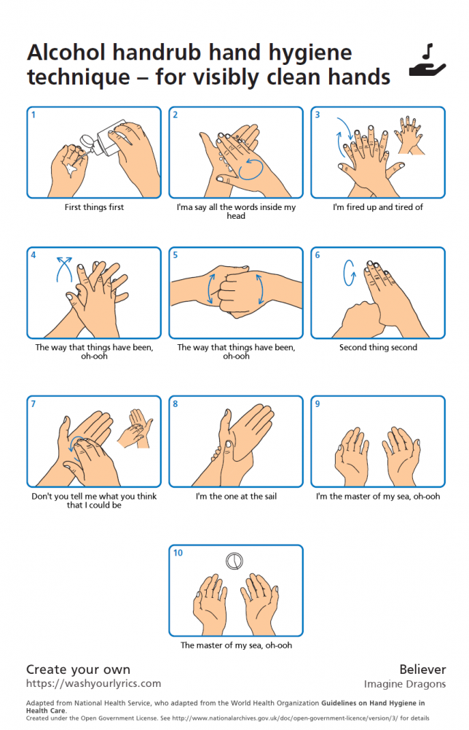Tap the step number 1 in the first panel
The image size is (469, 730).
pos(33,115)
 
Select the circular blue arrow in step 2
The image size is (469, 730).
pos(251,169)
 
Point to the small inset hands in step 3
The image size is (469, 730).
pos(410,135)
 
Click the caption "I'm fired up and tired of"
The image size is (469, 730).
pos(377,207)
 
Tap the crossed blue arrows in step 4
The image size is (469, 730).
pos(64,270)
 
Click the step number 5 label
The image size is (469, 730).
pos(176,255)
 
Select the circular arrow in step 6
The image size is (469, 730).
pos(349,272)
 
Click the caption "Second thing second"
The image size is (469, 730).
pos(378,347)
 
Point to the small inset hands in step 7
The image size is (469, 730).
pos(135,428)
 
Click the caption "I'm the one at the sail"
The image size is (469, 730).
pos(236,497)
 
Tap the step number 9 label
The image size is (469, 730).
pos(318,404)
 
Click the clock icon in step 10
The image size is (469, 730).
pos(234,561)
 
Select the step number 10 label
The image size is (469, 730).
pos(178,553)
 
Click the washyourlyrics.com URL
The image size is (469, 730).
pos(93,683)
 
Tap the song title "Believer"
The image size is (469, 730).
pos(422,669)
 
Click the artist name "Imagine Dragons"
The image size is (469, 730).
pos(405,684)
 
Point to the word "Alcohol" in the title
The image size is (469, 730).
pos(66,53)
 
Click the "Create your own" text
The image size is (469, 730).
pos(78,669)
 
